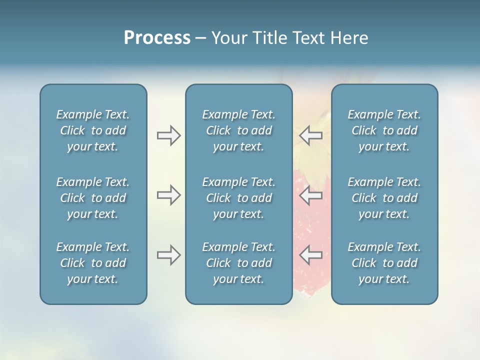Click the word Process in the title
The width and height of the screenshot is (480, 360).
157,38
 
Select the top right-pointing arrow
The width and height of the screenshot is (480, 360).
168,135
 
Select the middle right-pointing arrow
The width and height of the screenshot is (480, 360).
168,195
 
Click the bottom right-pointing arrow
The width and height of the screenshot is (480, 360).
168,255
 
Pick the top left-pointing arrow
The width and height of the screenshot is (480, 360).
310,135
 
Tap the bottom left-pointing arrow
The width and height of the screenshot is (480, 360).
310,255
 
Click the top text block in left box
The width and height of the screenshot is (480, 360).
93,130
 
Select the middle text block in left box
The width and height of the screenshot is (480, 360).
93,198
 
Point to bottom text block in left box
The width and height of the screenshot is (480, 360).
93,263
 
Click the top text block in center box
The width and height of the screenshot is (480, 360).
239,130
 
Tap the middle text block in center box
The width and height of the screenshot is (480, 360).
239,198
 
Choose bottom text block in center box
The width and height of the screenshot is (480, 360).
239,263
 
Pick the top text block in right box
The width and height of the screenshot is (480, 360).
384,130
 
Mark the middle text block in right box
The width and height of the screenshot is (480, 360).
384,198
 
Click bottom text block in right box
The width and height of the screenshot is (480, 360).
384,263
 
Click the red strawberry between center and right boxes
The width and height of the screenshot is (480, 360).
310,225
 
